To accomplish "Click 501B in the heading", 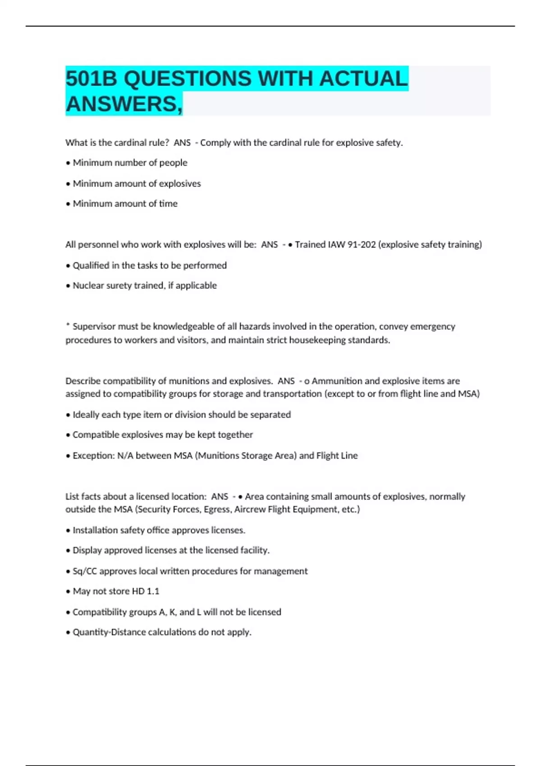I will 92,79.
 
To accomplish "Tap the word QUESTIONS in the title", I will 187,79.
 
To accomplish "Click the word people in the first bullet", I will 173,163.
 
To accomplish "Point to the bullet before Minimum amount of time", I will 68,204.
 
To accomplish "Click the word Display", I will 87,550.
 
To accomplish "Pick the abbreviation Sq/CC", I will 85,571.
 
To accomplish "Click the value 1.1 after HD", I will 153,591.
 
